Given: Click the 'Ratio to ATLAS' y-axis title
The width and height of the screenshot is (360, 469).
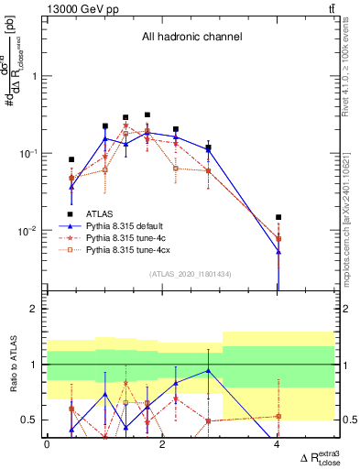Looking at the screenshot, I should [x=12, y=364].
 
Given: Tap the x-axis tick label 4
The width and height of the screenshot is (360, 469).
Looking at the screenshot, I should [x=278, y=445].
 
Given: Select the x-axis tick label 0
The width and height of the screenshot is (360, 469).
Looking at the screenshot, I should [x=47, y=445].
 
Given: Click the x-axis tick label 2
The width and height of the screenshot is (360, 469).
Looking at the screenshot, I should [x=162, y=445].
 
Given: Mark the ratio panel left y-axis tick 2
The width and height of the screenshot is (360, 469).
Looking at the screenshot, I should [x=34, y=310].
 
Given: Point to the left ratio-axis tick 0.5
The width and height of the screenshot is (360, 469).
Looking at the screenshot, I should [x=30, y=420].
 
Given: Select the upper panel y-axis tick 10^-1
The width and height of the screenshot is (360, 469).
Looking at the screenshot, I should [x=27, y=153].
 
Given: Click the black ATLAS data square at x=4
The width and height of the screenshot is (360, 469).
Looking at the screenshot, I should [x=278, y=217].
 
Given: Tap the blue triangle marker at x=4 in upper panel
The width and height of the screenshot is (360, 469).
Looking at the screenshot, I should [x=278, y=251].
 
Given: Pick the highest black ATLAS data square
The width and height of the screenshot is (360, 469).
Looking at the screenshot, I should [x=147, y=115].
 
